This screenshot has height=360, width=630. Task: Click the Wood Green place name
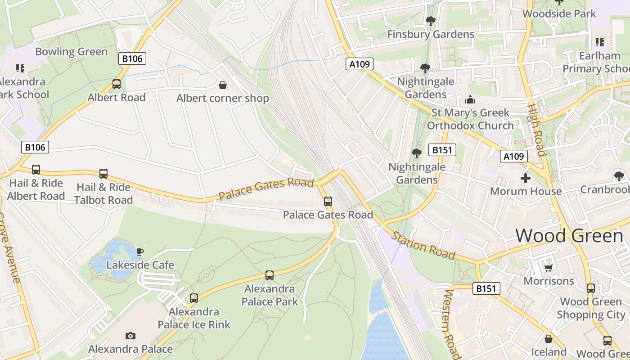click(568, 236)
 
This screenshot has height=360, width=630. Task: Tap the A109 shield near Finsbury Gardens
click(360, 64)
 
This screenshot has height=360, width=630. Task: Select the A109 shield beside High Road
click(513, 156)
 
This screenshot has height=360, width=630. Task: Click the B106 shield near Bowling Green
click(132, 58)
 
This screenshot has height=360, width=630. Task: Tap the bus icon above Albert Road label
click(117, 84)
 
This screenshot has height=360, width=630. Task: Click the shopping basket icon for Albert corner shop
click(222, 85)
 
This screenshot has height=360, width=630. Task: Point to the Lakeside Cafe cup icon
click(140, 252)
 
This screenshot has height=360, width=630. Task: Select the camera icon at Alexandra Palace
click(130, 336)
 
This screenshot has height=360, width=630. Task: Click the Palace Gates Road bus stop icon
click(328, 201)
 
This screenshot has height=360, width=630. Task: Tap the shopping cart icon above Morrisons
click(548, 268)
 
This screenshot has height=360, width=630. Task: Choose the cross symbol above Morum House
click(526, 178)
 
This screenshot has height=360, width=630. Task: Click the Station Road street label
click(423, 246)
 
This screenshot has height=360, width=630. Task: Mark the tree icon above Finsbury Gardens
click(430, 21)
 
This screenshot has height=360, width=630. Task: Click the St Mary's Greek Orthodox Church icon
click(470, 99)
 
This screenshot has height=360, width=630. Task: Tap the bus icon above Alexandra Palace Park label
click(270, 275)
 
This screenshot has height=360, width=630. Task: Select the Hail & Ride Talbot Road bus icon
click(103, 174)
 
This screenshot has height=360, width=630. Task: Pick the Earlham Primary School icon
click(599, 42)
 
